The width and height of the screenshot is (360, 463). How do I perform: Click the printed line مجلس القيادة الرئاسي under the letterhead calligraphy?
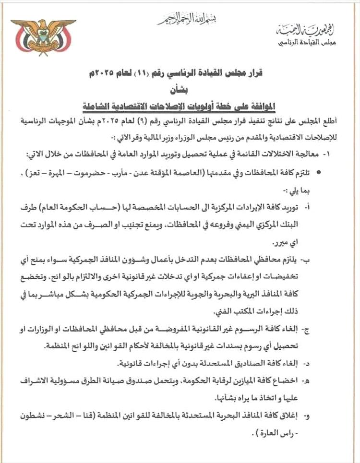[x=307, y=43]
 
